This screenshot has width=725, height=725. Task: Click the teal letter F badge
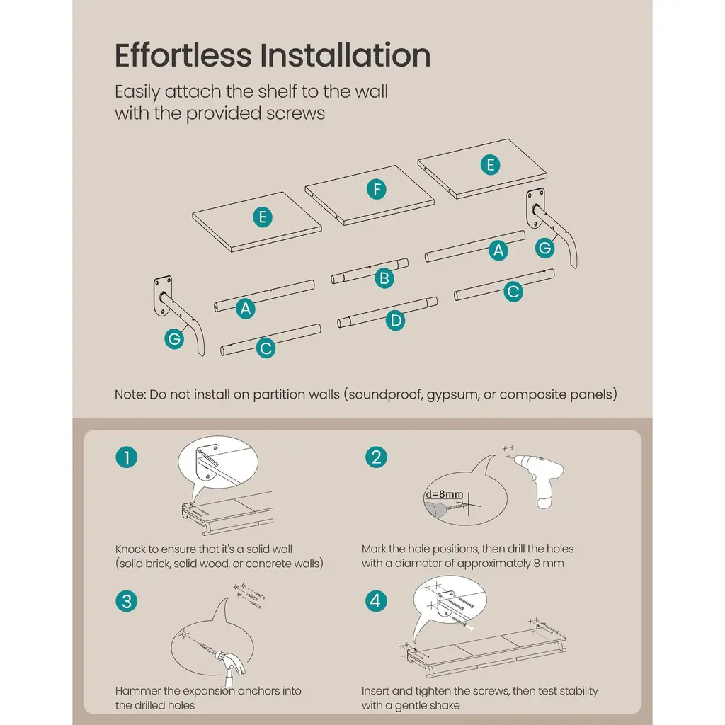coord(377,189)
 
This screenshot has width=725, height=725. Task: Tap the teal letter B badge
coord(384,278)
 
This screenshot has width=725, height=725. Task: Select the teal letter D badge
coord(395,321)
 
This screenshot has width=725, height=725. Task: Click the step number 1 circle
coord(126,457)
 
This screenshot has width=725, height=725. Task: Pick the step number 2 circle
coord(376,457)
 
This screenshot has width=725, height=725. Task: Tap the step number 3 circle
coord(126,601)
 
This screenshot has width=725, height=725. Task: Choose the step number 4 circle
coord(376,600)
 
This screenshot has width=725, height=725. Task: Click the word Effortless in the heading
coord(183,55)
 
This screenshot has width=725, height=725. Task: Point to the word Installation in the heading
coord(345,55)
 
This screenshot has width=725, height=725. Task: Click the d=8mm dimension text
coord(445,493)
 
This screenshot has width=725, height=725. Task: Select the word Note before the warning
coord(130,394)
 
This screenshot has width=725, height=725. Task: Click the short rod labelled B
coord(370,271)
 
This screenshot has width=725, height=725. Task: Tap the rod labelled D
coord(387,312)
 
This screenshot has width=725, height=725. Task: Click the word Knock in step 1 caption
coord(130,549)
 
